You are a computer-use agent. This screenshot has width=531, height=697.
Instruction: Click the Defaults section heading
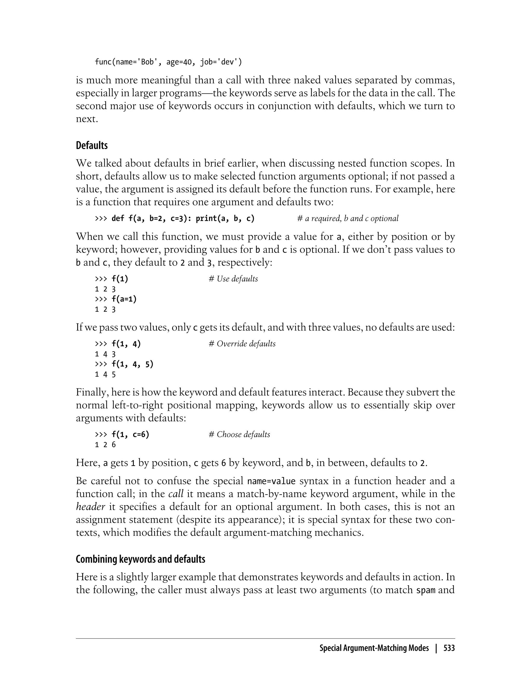tap(92, 145)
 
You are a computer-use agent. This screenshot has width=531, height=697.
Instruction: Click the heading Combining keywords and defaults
tap(140, 559)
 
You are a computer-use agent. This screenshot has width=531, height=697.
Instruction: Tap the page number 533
tap(449, 648)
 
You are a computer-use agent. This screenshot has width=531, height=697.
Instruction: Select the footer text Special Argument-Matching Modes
tap(374, 648)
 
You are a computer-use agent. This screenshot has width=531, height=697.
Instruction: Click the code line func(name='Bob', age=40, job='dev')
tap(168, 62)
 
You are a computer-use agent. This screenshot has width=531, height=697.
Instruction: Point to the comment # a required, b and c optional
tap(348, 218)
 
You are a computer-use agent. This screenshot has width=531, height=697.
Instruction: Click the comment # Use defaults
tap(233, 279)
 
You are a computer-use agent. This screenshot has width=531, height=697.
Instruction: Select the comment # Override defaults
tap(242, 344)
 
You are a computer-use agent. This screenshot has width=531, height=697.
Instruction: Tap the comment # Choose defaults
tap(239, 434)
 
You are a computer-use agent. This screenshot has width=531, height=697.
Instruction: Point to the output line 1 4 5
tap(105, 375)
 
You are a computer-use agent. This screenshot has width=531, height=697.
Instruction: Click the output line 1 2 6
tap(105, 445)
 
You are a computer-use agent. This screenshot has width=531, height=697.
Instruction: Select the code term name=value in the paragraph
tap(271, 481)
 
